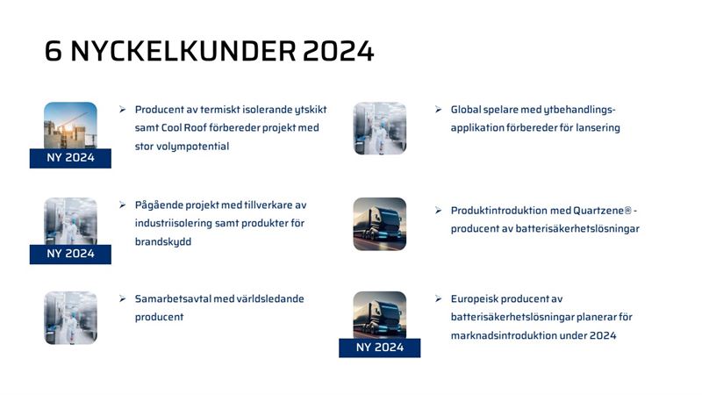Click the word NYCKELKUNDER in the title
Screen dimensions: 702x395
coord(183,51)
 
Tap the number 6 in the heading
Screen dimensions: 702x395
coord(53,51)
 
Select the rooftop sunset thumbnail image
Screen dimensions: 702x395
coord(70,126)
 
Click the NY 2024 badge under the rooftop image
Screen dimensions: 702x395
coord(70,158)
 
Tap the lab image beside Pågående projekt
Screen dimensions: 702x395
coord(70,221)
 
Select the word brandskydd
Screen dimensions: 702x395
coord(163,242)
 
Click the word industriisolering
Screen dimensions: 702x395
coord(173,223)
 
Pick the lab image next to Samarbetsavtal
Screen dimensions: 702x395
coord(70,318)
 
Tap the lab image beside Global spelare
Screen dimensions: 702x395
coord(380,128)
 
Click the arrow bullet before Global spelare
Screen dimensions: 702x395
coord(438,110)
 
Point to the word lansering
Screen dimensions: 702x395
coord(598,128)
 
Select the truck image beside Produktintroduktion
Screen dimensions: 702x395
coord(380,224)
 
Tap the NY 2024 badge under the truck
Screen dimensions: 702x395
coord(380,348)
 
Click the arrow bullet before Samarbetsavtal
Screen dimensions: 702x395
coord(123,298)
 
